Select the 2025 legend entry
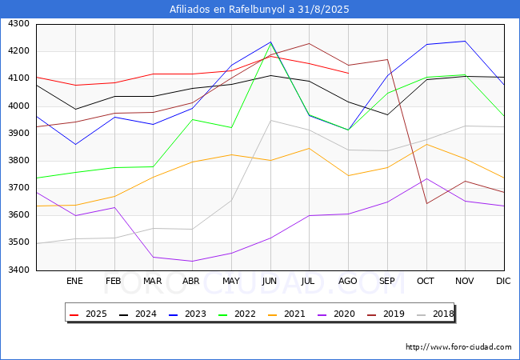(x=88, y=314)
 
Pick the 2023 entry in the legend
(x=187, y=314)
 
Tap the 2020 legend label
(x=336, y=314)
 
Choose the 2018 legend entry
(x=435, y=314)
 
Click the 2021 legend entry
(x=286, y=314)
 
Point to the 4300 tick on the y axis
(x=18, y=24)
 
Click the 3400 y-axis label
(x=18, y=270)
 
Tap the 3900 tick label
(x=18, y=134)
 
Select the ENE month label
(x=74, y=281)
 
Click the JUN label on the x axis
(x=270, y=281)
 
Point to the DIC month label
(x=503, y=281)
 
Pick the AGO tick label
(x=347, y=281)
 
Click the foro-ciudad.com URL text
(x=458, y=347)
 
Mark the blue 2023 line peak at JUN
(x=270, y=42)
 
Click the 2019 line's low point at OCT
(x=426, y=203)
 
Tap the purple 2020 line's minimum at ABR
(x=192, y=262)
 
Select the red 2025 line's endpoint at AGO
(x=349, y=74)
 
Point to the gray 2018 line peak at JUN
(x=270, y=120)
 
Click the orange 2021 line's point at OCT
(x=426, y=144)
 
